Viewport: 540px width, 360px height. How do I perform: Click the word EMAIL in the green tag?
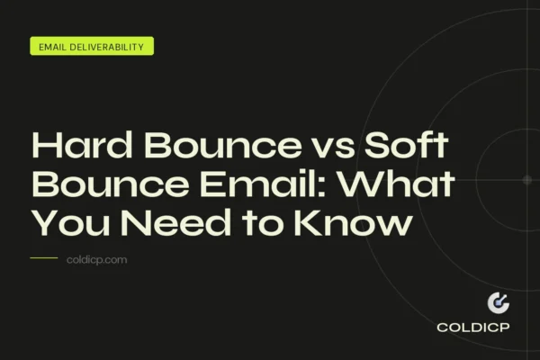click(55, 47)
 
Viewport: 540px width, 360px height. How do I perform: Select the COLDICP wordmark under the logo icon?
click(472, 328)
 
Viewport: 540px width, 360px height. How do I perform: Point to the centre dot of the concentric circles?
click(526, 179)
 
